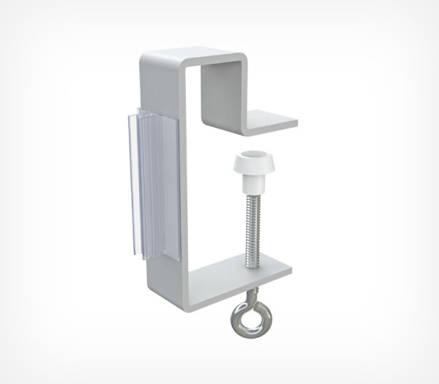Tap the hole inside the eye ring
252,317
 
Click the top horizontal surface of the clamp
192,55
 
